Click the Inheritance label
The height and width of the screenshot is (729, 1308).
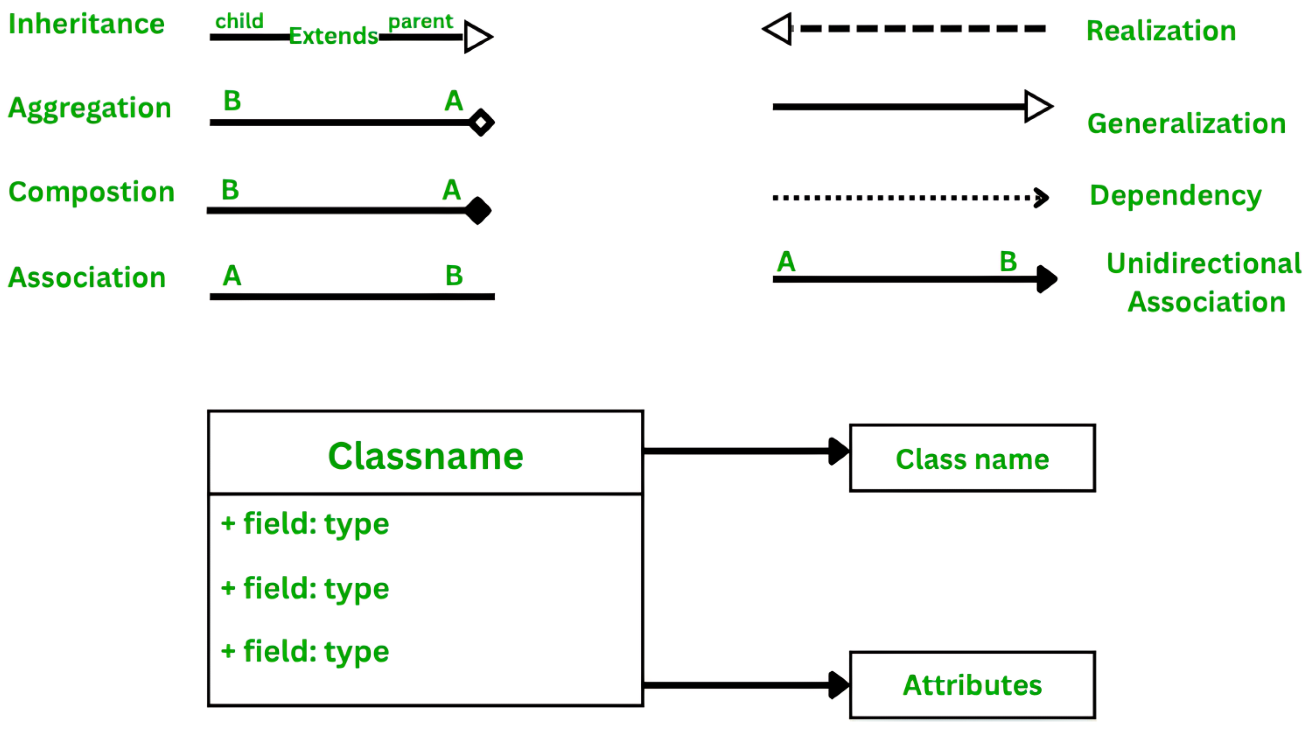coord(86,25)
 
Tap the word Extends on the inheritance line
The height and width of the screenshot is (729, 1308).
coord(334,36)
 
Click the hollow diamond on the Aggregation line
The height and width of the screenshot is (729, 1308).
coord(481,123)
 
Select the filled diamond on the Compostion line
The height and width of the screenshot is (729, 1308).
coord(478,211)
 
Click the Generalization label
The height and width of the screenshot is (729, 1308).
coord(1186,124)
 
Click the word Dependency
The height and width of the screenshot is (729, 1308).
coord(1175,195)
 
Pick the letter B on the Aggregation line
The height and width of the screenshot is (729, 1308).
coord(232,101)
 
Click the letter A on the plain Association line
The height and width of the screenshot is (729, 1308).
coord(232,276)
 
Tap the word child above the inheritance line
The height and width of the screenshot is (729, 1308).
coord(239,21)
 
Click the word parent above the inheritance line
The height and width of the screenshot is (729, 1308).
coord(420,21)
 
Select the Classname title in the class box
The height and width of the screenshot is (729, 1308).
coord(425,456)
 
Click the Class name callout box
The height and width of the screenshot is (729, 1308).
coord(972,459)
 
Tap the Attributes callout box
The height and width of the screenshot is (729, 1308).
coord(972,685)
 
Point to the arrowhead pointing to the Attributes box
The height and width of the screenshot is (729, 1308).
coord(838,685)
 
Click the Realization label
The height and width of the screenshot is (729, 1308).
coord(1161,31)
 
